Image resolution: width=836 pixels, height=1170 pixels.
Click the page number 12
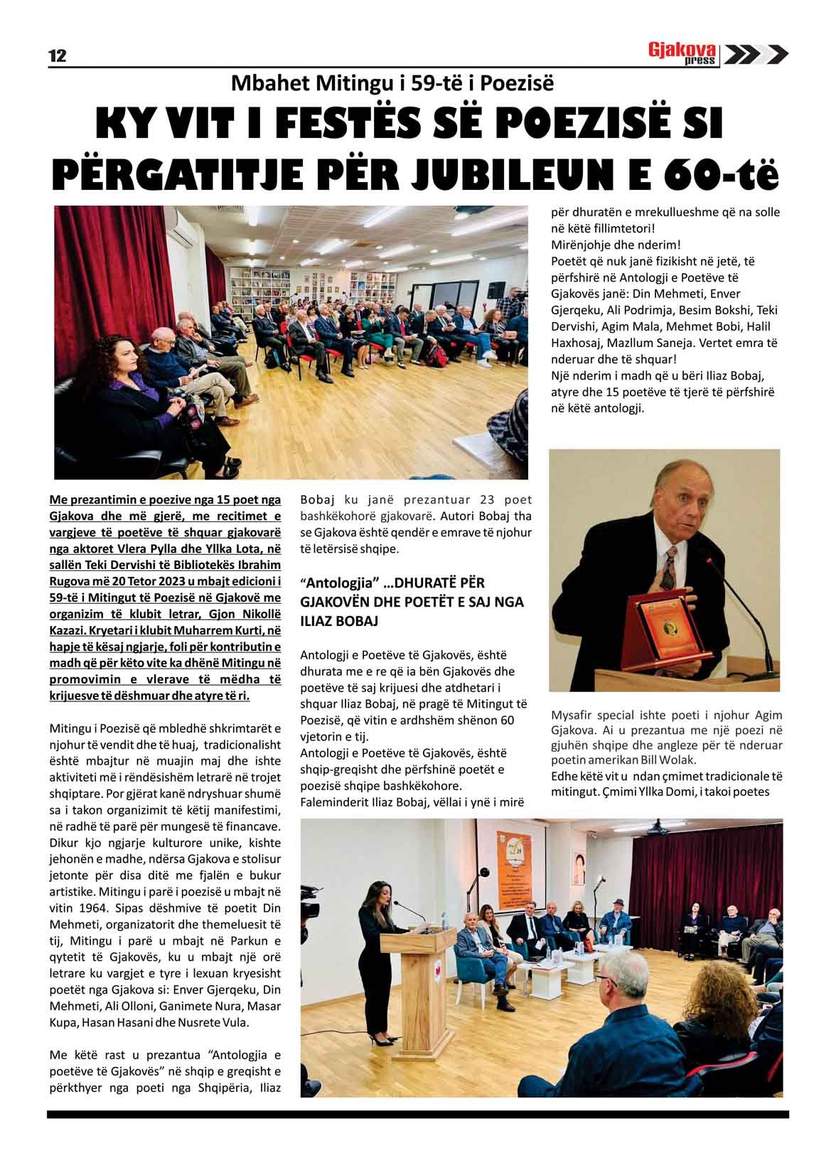pyautogui.click(x=57, y=56)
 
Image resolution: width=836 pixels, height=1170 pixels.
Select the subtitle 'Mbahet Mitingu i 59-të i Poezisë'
pyautogui.click(x=392, y=85)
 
